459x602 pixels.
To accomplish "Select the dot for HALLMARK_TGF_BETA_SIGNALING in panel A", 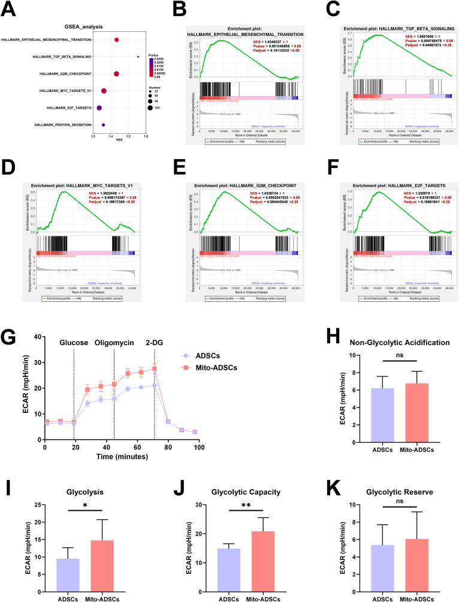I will [138, 57].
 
